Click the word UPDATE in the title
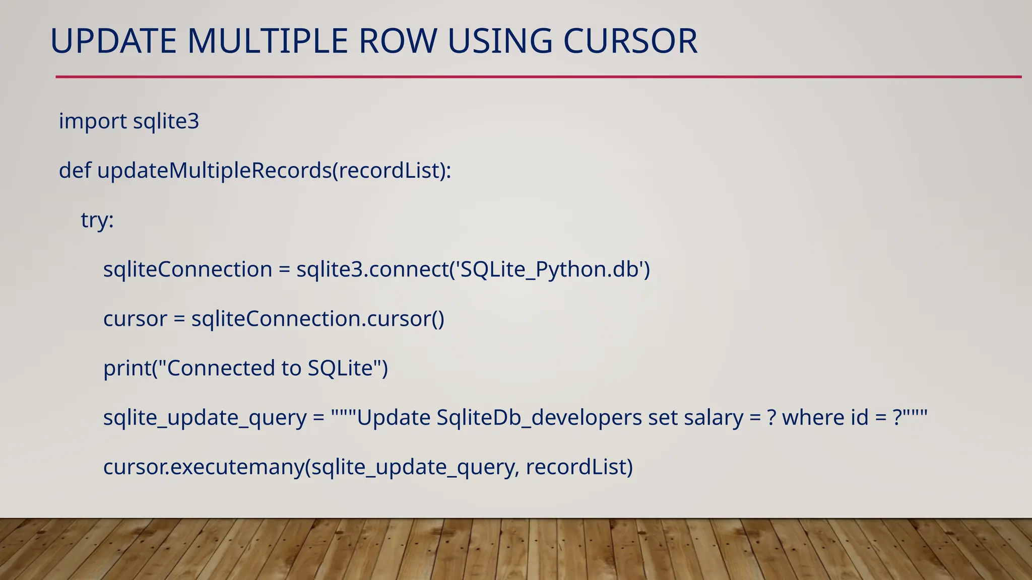(x=113, y=41)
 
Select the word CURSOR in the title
(x=630, y=41)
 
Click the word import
(x=93, y=121)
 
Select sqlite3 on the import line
(x=166, y=121)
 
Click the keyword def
(x=75, y=171)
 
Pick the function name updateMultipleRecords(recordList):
(x=274, y=171)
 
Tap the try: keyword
(x=97, y=220)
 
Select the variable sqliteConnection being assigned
(x=187, y=269)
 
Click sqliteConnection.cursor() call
(x=317, y=319)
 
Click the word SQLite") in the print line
(x=348, y=368)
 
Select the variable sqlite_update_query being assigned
(x=205, y=417)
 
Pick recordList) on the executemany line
(x=579, y=467)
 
